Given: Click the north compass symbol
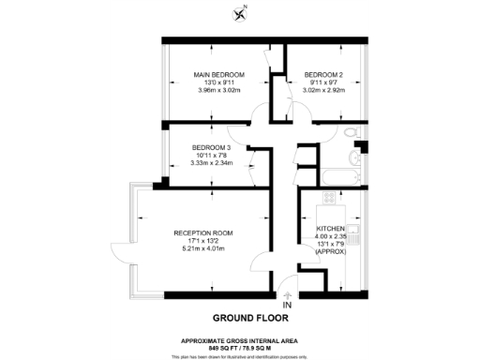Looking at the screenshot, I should pyautogui.click(x=240, y=12).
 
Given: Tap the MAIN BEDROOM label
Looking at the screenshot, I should pyautogui.click(x=218, y=74).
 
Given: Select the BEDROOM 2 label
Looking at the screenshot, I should pyautogui.click(x=322, y=74).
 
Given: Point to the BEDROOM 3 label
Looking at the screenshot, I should pyautogui.click(x=210, y=147).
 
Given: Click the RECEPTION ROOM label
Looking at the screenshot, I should pyautogui.click(x=202, y=232).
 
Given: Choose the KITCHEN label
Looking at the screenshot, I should pyautogui.click(x=330, y=229).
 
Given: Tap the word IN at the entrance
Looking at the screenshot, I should pyautogui.click(x=287, y=304).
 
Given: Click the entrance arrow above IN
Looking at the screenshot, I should pyautogui.click(x=287, y=292).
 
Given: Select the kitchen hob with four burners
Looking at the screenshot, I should pyautogui.click(x=329, y=198).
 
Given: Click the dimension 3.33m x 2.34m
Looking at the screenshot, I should pyautogui.click(x=210, y=163).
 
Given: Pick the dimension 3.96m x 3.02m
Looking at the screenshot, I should pyautogui.click(x=218, y=91).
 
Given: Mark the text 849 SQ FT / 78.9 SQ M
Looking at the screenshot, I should pyautogui.click(x=239, y=345).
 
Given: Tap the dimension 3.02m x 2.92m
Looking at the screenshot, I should pyautogui.click(x=322, y=91).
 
